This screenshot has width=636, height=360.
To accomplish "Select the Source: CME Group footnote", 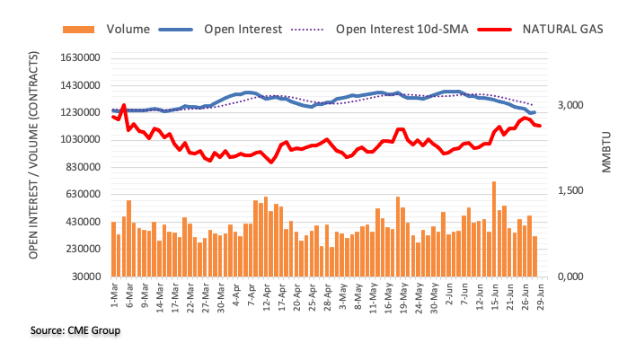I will point(75,330).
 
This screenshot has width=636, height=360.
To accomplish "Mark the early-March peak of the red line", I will point(124,105).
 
